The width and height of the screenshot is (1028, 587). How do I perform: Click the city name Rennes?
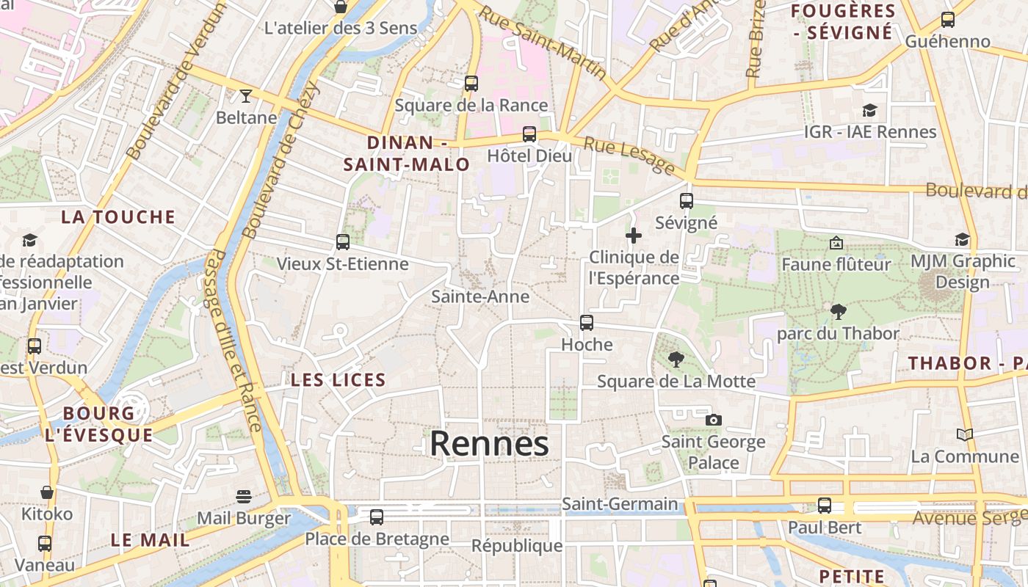pos(489,444)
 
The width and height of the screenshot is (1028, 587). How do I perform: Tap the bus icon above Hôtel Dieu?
pos(529,134)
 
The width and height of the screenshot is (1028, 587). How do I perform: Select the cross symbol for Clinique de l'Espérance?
pos(633,236)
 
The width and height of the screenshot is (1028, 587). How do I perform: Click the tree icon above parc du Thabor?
pos(837,312)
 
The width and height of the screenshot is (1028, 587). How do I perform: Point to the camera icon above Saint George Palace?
pos(713,420)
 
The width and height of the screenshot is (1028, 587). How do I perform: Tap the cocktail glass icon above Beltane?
pos(245,95)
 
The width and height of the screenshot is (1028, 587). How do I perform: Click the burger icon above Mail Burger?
pos(244,497)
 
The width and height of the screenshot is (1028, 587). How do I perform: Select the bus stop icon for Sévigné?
pos(686,200)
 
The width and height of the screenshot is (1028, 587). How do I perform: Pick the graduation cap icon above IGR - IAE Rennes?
pos(869,111)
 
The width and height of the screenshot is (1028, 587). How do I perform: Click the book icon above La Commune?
pos(964,434)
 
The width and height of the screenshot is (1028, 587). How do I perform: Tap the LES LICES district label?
pos(338,380)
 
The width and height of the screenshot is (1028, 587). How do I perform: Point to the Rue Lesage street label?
pos(629,154)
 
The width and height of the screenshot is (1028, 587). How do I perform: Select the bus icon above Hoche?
pos(586,322)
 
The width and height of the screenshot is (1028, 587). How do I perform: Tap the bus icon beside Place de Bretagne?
pos(377,517)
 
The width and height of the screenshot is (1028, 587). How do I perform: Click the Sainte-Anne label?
pos(480,296)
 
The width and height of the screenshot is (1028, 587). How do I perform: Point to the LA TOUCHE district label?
pos(118,216)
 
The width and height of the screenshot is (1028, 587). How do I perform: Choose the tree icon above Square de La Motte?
pos(676,360)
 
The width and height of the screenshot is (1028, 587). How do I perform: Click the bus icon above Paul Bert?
pos(825,505)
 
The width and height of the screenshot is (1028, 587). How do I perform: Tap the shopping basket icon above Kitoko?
pos(47,492)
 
